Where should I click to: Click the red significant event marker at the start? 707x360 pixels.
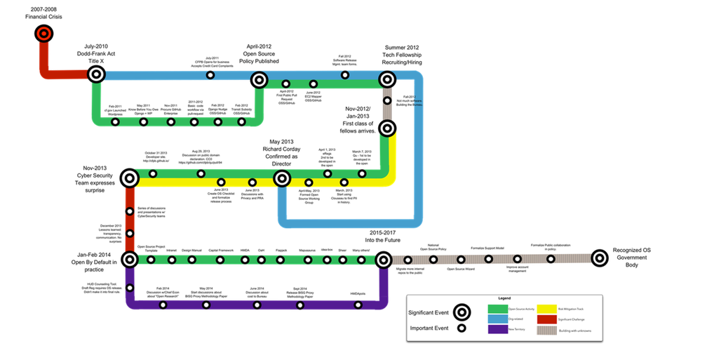43,33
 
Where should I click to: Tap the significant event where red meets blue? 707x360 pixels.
96,74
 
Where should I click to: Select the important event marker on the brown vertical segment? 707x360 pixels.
387,100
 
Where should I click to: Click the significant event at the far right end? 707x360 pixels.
599,258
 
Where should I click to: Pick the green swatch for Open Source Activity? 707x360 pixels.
498,309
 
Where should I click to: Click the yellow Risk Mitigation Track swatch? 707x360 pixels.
546,309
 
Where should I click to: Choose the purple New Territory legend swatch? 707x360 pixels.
498,329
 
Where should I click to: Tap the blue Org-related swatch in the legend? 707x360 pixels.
498,319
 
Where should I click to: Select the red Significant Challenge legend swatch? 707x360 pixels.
546,319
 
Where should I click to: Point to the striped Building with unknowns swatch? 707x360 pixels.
546,329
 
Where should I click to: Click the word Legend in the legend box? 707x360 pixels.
504,298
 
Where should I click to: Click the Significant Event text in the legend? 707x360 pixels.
429,312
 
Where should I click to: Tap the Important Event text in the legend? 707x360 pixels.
429,328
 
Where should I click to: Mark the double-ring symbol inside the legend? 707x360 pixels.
462,312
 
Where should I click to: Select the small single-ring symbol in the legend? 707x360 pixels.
462,328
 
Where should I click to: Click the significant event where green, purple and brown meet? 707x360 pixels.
383,260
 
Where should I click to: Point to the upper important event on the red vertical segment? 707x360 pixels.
130,211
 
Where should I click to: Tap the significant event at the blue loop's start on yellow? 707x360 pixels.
282,178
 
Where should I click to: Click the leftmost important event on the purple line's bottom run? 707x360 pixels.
163,305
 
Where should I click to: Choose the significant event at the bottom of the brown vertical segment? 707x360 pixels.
387,128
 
